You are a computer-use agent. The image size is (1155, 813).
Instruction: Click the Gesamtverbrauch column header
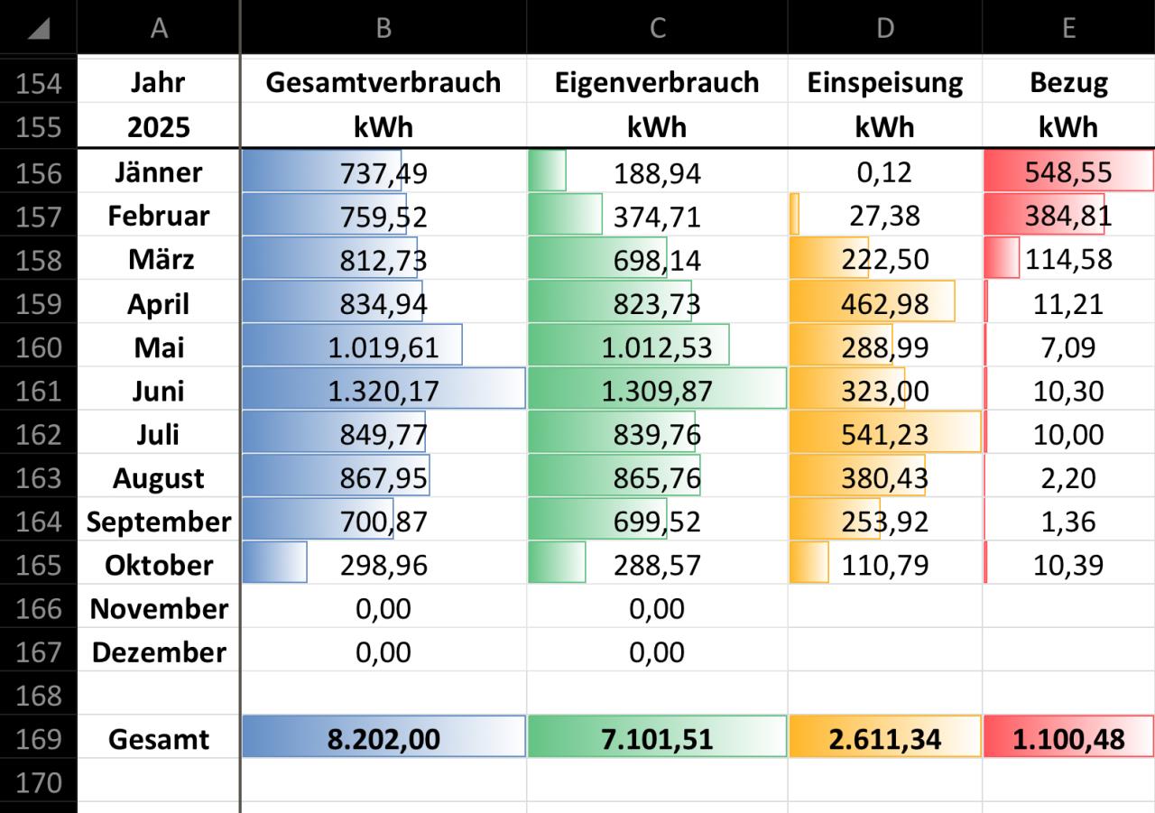tap(383, 83)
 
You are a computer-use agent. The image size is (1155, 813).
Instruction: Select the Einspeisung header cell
tap(884, 83)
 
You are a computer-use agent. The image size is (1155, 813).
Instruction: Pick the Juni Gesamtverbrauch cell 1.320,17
tap(383, 391)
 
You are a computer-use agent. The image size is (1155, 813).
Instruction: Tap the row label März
tap(158, 260)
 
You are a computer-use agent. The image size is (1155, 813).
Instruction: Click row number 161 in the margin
tap(38, 391)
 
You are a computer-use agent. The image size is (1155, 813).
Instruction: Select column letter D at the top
tap(884, 28)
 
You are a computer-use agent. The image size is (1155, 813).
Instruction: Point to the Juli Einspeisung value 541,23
tap(884, 434)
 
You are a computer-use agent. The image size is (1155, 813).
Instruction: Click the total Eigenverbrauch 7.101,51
tap(657, 739)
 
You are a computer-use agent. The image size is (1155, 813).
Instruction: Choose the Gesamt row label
tap(158, 739)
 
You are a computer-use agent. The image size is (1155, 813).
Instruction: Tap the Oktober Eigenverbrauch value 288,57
tap(657, 565)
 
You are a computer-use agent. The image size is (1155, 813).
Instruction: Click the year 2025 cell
tap(158, 126)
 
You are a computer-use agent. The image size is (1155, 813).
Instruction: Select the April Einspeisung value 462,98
tap(884, 303)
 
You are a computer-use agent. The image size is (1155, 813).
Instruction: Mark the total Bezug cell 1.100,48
tap(1068, 739)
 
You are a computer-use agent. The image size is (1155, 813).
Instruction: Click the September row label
tap(158, 522)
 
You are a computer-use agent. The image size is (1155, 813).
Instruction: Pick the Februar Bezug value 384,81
tap(1068, 217)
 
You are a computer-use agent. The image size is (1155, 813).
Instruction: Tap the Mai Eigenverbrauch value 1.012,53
tap(657, 347)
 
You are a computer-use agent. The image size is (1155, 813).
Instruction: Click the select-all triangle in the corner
tap(38, 28)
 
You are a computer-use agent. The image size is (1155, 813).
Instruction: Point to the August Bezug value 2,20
tap(1068, 478)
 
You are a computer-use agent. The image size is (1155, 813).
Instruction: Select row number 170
tap(38, 782)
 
